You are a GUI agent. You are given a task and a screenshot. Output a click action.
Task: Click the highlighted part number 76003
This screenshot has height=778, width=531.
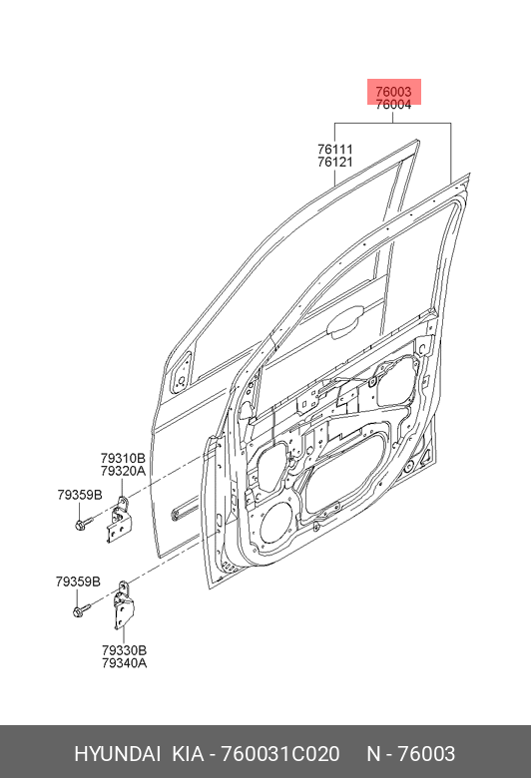tap(393, 92)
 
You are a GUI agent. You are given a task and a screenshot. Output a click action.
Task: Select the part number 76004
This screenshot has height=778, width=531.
tap(393, 105)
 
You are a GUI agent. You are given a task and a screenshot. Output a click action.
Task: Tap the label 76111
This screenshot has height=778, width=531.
tap(335, 149)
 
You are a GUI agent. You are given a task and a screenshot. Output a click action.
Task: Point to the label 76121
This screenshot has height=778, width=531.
tap(335, 162)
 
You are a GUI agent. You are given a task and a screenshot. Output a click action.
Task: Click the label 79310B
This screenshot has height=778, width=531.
tap(123, 458)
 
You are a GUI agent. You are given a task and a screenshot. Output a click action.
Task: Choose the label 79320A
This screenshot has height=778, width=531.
tap(123, 471)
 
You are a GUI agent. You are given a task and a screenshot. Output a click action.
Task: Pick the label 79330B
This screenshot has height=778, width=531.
tap(124, 650)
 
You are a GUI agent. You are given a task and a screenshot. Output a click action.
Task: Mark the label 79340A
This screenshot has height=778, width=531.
tap(124, 663)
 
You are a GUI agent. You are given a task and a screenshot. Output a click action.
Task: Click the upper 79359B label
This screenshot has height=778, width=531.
tap(80, 495)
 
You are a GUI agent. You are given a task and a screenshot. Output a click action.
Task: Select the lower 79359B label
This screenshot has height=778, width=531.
tap(78, 582)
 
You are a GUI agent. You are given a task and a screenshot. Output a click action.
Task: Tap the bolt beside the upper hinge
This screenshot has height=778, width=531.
tap(84, 523)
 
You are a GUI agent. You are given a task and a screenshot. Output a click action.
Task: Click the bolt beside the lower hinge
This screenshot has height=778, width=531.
tap(82, 609)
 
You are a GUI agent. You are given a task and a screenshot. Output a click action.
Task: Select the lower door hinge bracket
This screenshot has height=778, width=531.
tap(124, 606)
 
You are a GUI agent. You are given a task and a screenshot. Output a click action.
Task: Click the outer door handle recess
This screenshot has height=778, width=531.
tap(343, 322)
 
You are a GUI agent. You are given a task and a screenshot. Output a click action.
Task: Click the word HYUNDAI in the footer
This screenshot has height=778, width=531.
tap(117, 754)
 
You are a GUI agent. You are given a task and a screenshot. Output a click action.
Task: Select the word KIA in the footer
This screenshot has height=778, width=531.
tap(188, 754)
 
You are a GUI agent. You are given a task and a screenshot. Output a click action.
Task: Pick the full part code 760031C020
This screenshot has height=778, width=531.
tap(280, 754)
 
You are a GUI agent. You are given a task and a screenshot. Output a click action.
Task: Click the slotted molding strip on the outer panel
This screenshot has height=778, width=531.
tap(185, 511)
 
